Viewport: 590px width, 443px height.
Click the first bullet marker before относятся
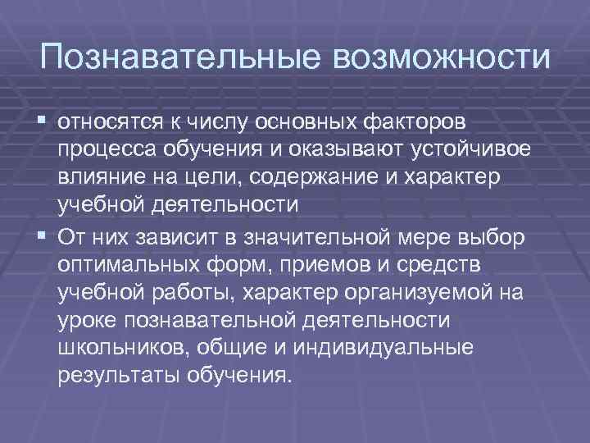point(43,122)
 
